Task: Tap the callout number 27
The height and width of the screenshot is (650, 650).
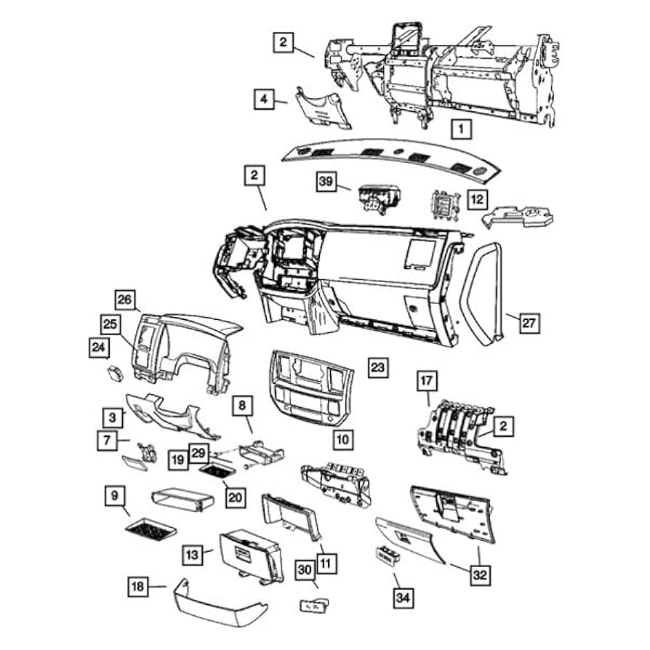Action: [x=531, y=322]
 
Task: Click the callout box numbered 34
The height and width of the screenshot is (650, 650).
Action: [x=402, y=598]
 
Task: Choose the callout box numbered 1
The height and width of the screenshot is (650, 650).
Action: [x=460, y=129]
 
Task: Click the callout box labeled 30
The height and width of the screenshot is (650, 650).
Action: [x=306, y=571]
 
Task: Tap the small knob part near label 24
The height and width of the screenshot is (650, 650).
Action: [x=114, y=373]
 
